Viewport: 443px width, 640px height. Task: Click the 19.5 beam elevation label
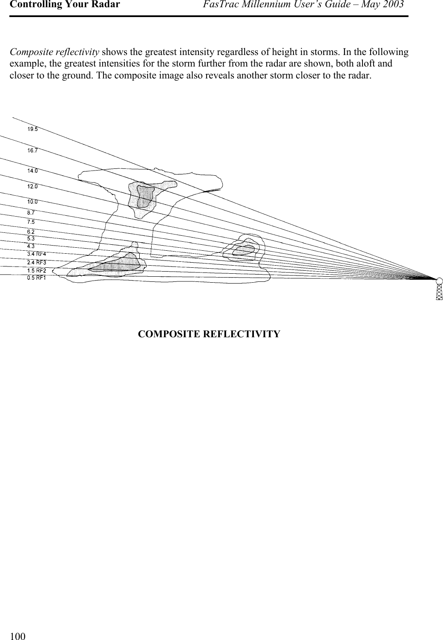[32, 129]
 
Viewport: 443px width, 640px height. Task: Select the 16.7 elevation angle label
[32, 151]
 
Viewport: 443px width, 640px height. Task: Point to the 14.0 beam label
[32, 171]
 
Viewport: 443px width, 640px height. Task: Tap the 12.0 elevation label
[32, 186]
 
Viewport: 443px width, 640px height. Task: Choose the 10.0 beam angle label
[32, 201]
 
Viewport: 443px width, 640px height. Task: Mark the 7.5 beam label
[31, 222]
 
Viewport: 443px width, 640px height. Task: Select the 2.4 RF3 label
[37, 262]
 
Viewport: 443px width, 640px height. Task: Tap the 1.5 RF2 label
[37, 270]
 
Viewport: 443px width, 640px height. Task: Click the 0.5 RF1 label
[37, 278]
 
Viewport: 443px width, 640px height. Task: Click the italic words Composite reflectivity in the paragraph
[55, 52]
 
